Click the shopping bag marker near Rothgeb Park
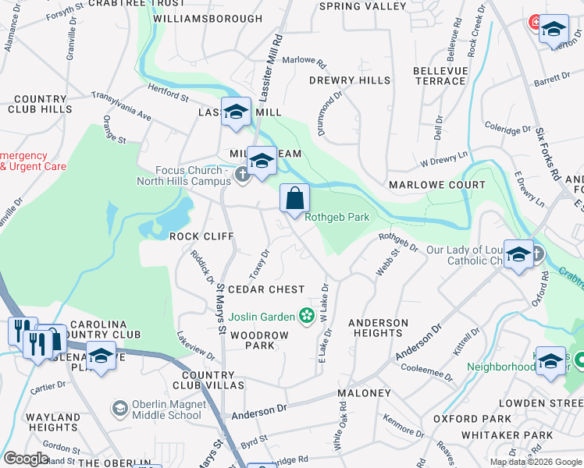(295, 200)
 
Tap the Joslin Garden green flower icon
(307, 316)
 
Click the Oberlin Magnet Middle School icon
(119, 409)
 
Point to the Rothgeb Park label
(337, 218)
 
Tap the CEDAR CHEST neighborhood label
(265, 289)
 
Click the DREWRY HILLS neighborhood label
(349, 80)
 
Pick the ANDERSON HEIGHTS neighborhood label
(378, 328)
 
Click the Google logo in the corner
(26, 459)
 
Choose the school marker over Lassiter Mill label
(236, 112)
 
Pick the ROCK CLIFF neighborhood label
(201, 236)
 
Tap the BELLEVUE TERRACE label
(440, 76)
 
